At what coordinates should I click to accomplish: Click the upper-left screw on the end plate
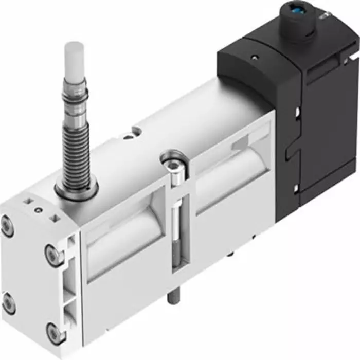7,227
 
